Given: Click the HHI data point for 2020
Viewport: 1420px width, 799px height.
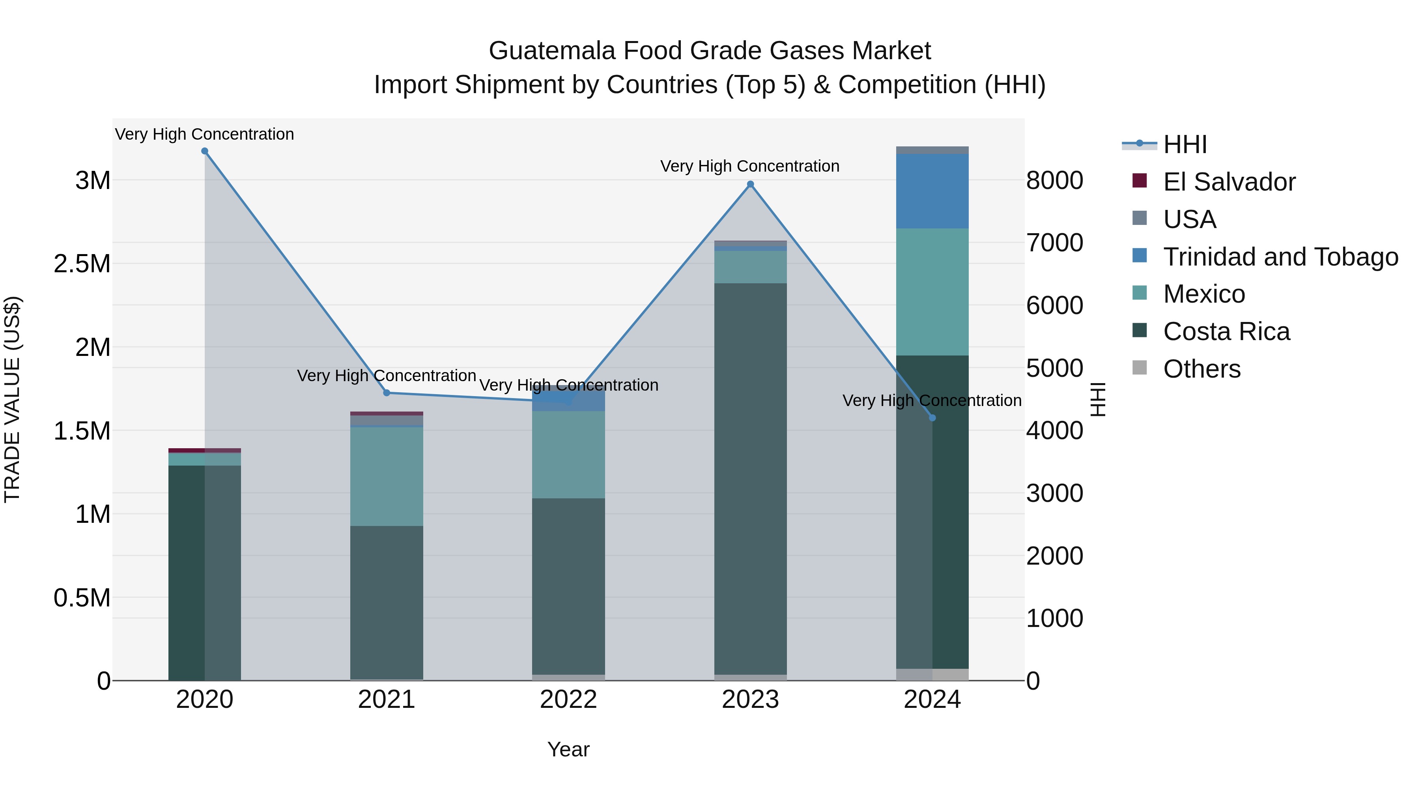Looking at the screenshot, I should coord(204,151).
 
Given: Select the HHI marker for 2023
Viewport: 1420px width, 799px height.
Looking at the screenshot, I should coord(750,184).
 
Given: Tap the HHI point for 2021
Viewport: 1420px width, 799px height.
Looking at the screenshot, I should coord(387,393).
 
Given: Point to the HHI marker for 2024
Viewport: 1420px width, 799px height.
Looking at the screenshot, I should coord(932,418).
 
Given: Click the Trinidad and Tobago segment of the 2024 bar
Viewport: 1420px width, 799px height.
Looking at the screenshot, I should coord(932,191).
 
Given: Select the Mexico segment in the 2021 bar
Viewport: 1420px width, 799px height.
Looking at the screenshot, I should coord(387,476).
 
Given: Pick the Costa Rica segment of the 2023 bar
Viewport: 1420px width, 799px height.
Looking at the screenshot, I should coord(750,479).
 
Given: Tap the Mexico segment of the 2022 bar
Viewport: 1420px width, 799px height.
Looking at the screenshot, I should coord(568,455).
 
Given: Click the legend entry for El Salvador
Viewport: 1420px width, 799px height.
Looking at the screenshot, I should coord(1229,182).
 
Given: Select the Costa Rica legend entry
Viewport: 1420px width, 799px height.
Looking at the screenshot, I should coord(1226,331).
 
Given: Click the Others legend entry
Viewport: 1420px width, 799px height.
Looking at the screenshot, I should coord(1202,369).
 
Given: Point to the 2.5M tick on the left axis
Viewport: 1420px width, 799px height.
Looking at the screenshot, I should coord(82,264).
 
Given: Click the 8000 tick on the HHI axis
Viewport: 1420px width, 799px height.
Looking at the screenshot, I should coord(1054,181).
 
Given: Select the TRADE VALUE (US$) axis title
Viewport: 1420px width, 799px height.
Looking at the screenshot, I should coord(12,399).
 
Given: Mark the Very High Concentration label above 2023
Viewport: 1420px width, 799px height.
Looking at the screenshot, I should coord(750,166).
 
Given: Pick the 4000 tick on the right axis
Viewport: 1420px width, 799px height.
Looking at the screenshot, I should coord(1054,431).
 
